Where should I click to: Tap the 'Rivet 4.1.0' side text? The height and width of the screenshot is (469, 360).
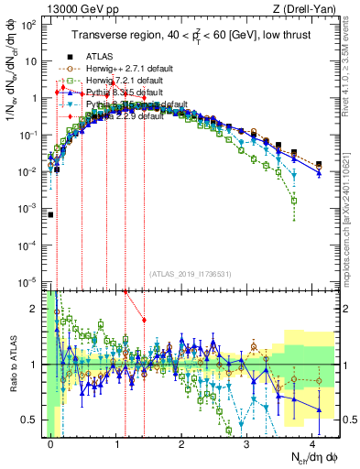352,64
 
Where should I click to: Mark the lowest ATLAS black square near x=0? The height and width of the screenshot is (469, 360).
50,215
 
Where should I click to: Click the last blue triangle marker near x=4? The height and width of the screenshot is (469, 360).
318,173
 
